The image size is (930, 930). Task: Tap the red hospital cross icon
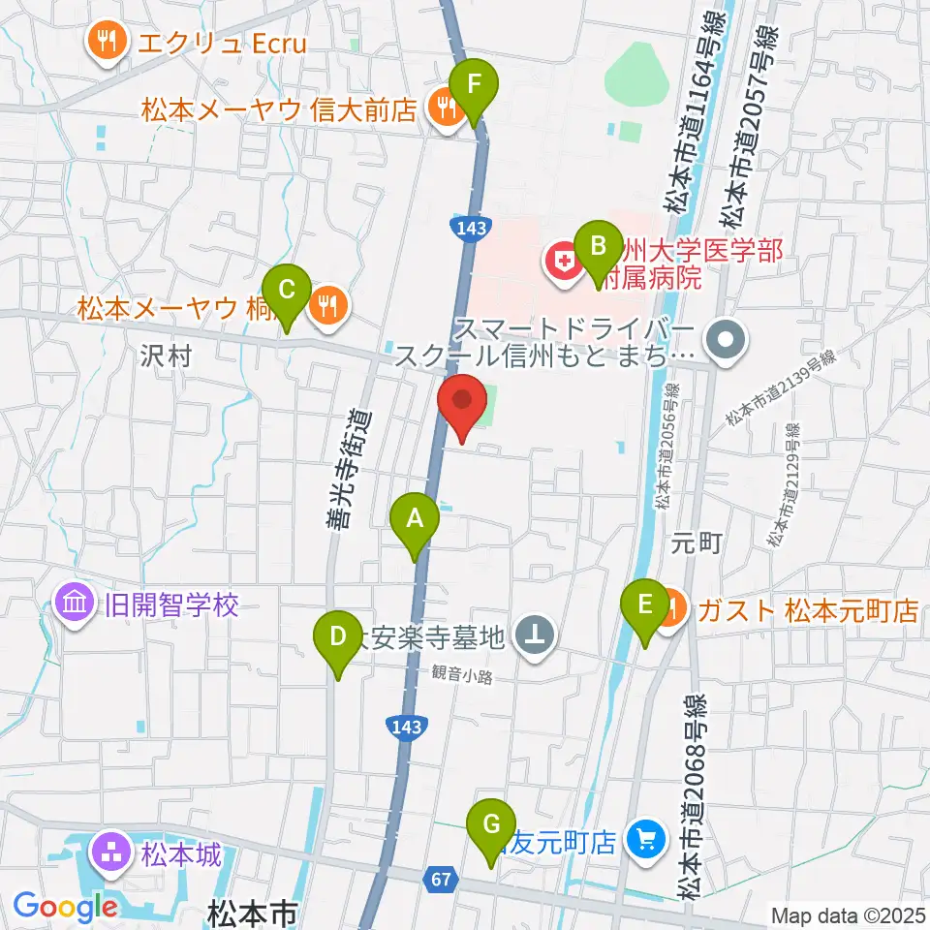(x=561, y=261)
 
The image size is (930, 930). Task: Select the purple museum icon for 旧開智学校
(x=76, y=606)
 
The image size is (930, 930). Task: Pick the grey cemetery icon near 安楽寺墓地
(x=534, y=636)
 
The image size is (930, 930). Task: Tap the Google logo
(x=66, y=908)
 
